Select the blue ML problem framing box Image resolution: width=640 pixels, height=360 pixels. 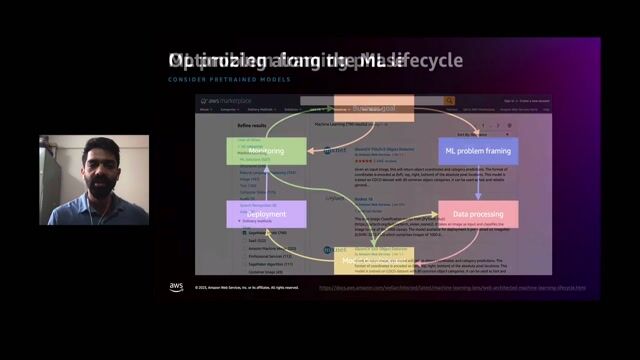click(478, 150)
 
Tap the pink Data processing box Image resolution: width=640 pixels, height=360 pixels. click(478, 213)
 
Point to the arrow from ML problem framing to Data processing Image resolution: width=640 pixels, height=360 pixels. click(478, 182)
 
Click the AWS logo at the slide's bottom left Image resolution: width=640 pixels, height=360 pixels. click(176, 287)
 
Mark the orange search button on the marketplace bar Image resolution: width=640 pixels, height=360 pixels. click(450, 101)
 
